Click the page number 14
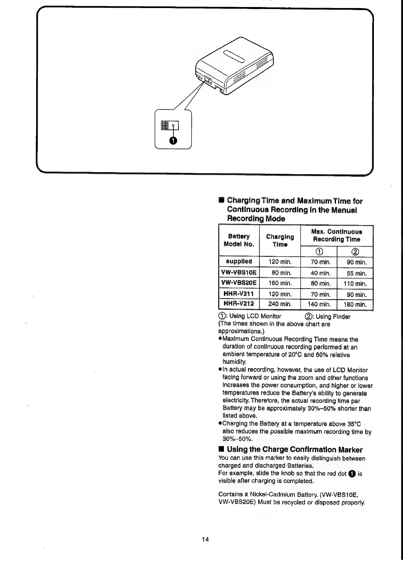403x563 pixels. point(205,539)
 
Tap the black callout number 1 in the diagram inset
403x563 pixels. point(173,141)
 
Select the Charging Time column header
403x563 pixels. point(280,240)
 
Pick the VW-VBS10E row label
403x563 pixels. point(239,273)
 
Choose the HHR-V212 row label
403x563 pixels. point(239,304)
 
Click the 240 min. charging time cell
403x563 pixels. point(280,304)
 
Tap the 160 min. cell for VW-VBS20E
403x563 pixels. point(280,283)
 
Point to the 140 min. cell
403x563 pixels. point(319,304)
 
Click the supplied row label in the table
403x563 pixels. point(239,261)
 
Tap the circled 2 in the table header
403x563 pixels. point(355,252)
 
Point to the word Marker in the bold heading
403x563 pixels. point(350,449)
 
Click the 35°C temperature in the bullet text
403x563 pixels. point(354,424)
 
